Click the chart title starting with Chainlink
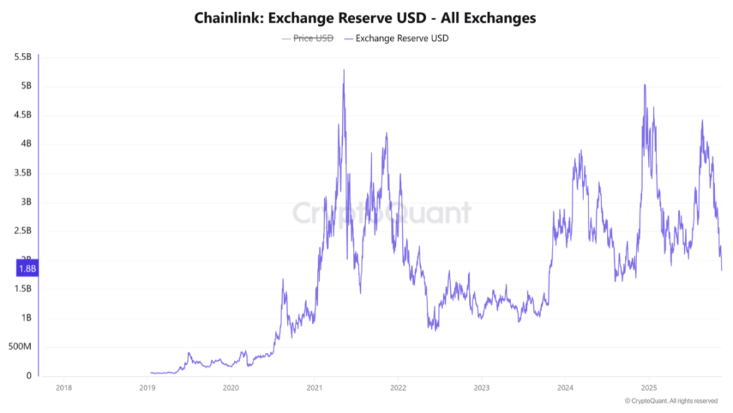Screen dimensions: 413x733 coord(365,18)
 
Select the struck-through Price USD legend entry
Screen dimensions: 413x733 coord(313,39)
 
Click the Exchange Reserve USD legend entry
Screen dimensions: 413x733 coord(402,39)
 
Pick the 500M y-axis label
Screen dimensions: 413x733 coord(19,346)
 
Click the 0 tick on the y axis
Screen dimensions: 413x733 coord(29,376)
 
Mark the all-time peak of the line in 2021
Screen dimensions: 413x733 coord(344,70)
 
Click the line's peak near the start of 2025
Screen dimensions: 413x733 coord(645,85)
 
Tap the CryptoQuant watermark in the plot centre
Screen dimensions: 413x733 coord(382,213)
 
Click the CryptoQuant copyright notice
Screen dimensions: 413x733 coord(671,401)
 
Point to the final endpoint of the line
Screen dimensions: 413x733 coord(722,270)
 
